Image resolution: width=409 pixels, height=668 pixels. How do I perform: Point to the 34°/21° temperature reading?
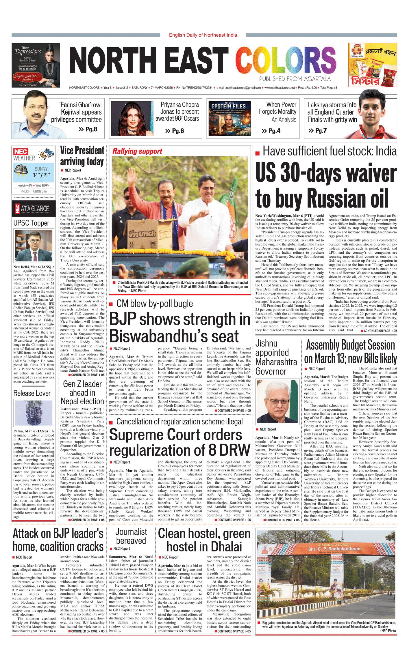[41, 175]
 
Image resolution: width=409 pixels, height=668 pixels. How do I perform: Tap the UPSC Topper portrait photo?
[34, 246]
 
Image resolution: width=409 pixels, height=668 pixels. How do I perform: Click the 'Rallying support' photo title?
[137, 151]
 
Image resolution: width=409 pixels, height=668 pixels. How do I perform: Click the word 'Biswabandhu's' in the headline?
[174, 336]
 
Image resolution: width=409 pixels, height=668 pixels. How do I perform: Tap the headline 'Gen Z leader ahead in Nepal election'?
[82, 392]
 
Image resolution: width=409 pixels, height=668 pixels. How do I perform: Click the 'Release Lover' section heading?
[32, 393]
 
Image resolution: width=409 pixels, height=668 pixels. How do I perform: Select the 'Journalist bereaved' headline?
[131, 536]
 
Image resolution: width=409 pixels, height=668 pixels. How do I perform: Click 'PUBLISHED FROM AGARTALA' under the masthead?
[295, 79]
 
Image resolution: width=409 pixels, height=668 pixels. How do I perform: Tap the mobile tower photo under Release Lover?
[34, 413]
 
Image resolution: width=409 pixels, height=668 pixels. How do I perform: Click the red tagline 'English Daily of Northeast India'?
[203, 35]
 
